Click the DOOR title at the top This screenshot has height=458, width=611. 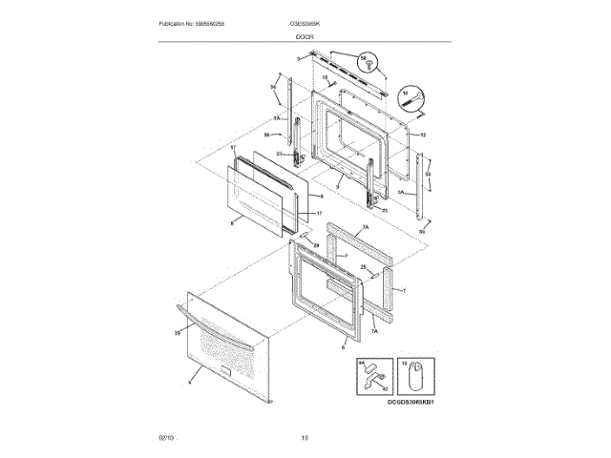[x=305, y=35]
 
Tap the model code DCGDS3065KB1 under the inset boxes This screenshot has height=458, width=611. [x=411, y=404]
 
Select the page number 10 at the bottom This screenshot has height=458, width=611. [x=305, y=438]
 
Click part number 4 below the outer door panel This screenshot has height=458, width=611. [x=190, y=381]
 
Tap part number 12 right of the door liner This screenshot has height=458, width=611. [x=422, y=135]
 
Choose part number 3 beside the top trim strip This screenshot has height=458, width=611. [x=297, y=59]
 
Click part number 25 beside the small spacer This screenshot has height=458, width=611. [x=363, y=268]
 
